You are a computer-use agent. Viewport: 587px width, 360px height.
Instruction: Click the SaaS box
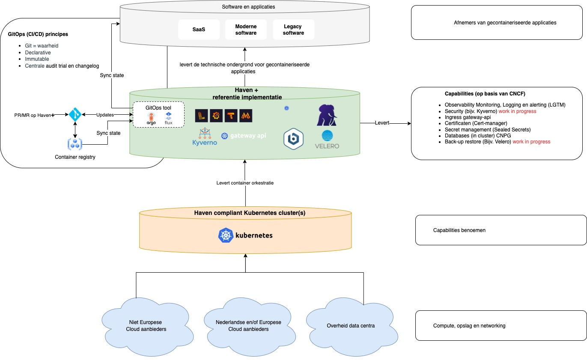(199, 30)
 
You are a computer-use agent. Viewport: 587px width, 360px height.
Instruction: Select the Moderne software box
(246, 30)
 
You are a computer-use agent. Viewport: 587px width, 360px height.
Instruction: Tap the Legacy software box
(293, 30)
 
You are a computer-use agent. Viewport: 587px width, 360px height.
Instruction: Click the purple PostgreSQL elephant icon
(327, 115)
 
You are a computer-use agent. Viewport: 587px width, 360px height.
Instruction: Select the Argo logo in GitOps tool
(151, 119)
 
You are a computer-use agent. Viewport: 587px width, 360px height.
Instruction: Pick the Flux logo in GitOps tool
(168, 118)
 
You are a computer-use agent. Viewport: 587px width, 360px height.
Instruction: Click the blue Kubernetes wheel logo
(226, 235)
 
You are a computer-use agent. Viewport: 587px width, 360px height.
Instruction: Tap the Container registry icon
(75, 144)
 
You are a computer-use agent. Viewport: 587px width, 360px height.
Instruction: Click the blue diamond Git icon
(75, 115)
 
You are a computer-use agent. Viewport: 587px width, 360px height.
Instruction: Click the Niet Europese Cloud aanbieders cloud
(146, 326)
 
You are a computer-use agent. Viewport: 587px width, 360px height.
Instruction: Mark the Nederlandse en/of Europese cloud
(248, 326)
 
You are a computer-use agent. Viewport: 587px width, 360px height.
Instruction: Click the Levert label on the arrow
(382, 123)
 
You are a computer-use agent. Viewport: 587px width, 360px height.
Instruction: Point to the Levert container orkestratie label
(245, 183)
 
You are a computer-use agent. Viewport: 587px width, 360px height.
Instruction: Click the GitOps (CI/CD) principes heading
(38, 34)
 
